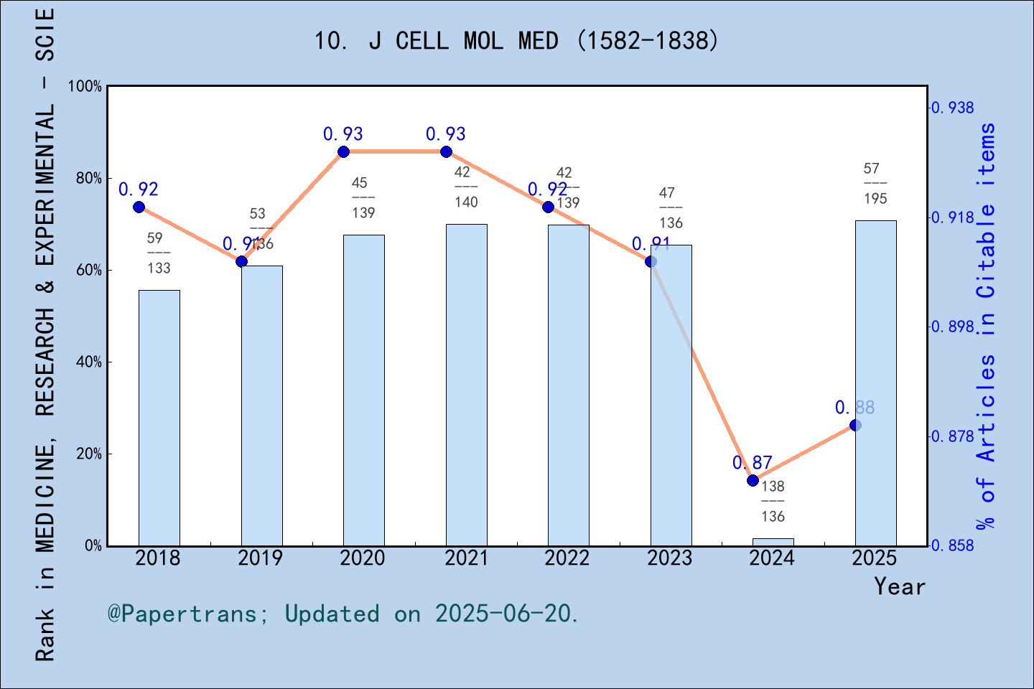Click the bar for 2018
[159, 418]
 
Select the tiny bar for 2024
[773, 542]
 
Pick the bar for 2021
[466, 385]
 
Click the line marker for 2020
[344, 151]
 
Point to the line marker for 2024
[753, 480]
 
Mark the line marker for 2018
[139, 207]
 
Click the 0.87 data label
[752, 463]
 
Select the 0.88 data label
[854, 408]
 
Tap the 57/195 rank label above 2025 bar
[875, 184]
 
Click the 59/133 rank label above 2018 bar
[158, 253]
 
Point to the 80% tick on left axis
[89, 178]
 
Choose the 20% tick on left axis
[89, 454]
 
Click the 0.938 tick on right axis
[953, 108]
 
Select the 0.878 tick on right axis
[953, 436]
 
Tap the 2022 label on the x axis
[567, 558]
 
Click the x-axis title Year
[900, 586]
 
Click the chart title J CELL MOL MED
[516, 40]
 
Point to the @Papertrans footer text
[343, 614]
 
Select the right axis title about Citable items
[987, 327]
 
